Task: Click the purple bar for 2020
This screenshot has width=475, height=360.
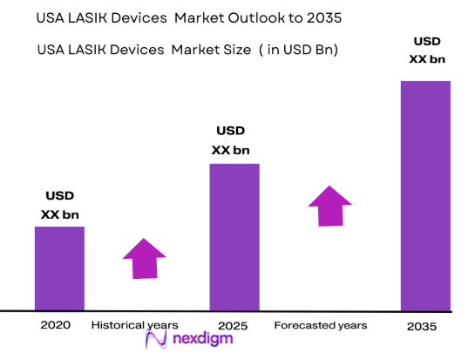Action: click(59, 268)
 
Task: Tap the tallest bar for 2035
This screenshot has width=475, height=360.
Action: click(425, 196)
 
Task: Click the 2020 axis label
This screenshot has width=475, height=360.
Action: click(56, 325)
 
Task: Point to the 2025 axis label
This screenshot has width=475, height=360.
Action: click(233, 326)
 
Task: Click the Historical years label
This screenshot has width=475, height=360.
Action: click(134, 325)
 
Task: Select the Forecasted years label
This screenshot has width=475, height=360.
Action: click(321, 325)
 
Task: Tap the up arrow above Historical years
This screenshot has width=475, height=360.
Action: click(144, 257)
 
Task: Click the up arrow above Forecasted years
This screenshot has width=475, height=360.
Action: click(330, 206)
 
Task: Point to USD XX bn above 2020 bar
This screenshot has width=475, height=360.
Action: click(59, 205)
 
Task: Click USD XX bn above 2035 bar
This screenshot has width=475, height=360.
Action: click(425, 49)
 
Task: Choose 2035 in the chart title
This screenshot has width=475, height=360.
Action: click(316, 17)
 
